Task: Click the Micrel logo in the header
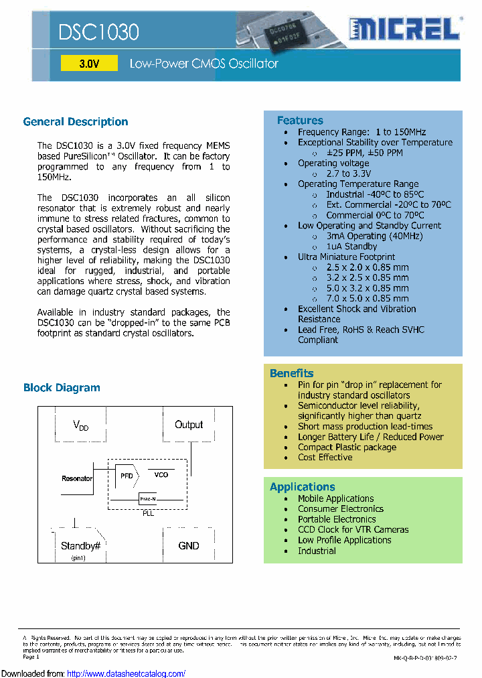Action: tap(404, 29)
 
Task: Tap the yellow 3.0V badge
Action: tap(89, 64)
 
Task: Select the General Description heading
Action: tap(76, 122)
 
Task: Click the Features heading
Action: tap(300, 121)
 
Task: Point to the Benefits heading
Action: tap(291, 373)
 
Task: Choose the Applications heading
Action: tap(302, 487)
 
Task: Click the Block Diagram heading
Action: tap(62, 388)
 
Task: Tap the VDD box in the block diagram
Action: tap(80, 425)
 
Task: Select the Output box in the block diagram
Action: tap(189, 425)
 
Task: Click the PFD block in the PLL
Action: tap(126, 475)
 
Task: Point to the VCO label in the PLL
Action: tap(161, 474)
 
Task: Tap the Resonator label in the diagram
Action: tap(77, 478)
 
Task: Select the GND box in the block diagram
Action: tap(189, 546)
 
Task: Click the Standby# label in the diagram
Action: tap(80, 546)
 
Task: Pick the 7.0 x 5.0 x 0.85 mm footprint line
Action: tap(368, 298)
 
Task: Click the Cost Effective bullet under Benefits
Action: tap(325, 458)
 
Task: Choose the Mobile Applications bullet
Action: tap(336, 498)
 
